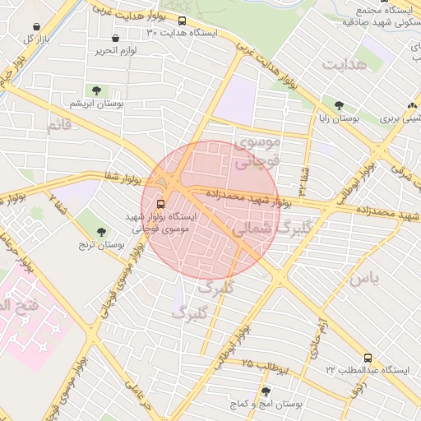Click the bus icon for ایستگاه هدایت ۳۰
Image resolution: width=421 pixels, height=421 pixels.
pos(182,21)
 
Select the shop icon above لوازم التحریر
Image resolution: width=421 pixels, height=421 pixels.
pos(114,38)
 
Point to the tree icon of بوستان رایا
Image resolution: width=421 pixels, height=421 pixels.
pos(339,105)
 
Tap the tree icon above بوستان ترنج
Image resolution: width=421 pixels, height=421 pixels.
pos(101,232)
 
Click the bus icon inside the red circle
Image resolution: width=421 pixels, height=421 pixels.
pos(160,203)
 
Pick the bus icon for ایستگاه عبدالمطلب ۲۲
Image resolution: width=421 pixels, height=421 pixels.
pos(368,358)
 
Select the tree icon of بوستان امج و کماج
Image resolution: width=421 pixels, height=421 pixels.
pos(265,391)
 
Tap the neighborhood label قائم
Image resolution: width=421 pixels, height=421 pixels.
pos(59,125)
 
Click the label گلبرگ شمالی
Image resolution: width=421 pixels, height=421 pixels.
pos(269,228)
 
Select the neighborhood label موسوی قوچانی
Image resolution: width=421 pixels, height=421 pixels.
pos(259,152)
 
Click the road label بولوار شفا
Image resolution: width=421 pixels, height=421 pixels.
pos(123,177)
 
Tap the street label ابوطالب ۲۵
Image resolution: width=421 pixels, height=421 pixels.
pos(267,366)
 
